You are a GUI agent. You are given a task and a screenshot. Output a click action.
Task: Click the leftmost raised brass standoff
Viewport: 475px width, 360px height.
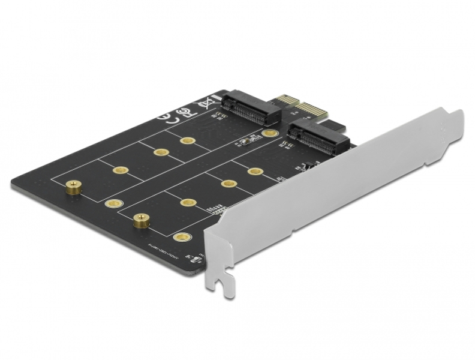73,188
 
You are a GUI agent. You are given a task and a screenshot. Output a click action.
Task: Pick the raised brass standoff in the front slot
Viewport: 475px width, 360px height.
142,220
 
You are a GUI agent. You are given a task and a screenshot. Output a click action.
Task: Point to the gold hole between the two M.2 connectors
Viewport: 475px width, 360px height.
270,133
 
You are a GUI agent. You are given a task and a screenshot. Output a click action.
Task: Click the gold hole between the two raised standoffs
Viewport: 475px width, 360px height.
110,204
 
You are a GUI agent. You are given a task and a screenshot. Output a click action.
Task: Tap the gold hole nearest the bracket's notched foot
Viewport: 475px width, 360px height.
179,236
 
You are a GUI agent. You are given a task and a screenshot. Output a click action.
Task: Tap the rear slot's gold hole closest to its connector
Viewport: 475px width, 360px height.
188,141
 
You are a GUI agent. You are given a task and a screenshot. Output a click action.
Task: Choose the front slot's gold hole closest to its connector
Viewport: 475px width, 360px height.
255,172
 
